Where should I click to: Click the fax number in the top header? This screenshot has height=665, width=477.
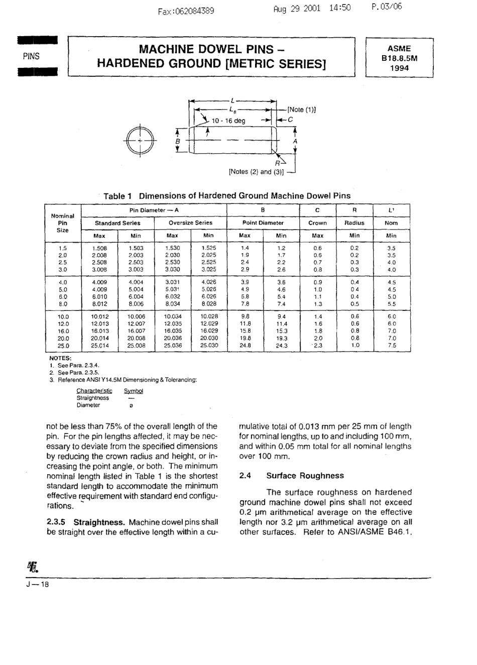click(186, 10)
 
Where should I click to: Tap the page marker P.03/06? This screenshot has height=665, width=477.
click(387, 7)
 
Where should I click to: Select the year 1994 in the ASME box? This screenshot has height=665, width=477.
click(399, 68)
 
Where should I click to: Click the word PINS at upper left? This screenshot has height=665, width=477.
click(31, 56)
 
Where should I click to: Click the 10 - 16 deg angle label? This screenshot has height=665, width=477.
click(228, 121)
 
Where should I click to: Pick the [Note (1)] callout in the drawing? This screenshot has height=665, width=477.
click(301, 109)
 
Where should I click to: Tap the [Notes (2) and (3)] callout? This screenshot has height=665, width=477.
click(257, 172)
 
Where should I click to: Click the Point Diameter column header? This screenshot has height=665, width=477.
click(263, 223)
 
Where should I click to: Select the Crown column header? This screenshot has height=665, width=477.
click(317, 223)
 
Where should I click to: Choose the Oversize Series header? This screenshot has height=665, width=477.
click(190, 223)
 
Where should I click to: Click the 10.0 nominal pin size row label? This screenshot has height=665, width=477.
click(63, 317)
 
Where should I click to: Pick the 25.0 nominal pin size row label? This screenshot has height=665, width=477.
click(63, 346)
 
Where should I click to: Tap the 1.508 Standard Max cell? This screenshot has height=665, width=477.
click(99, 248)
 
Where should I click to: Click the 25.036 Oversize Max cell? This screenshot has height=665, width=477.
click(173, 346)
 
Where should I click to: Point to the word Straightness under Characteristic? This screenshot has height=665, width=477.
click(92, 398)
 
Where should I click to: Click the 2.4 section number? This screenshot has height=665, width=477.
click(245, 476)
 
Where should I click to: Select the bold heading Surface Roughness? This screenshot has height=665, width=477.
click(305, 476)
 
